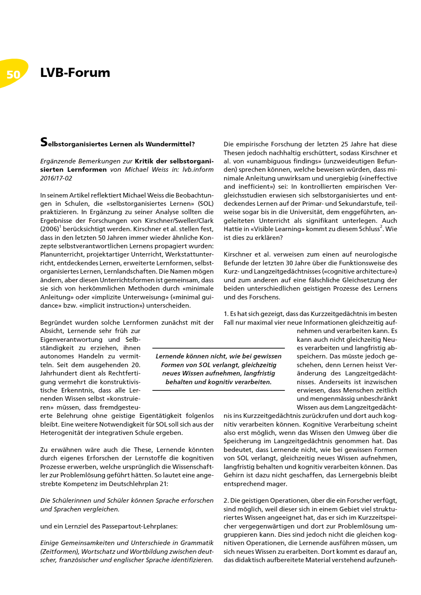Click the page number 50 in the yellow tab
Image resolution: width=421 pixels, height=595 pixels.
click(x=13, y=74)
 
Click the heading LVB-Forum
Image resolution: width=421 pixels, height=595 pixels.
click(x=75, y=73)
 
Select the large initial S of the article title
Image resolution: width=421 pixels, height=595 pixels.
click(x=44, y=143)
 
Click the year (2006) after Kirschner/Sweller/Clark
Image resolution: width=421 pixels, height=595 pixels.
click(x=50, y=229)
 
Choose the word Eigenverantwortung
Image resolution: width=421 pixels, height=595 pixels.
click(x=71, y=339)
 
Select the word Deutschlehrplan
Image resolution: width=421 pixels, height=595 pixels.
click(x=134, y=484)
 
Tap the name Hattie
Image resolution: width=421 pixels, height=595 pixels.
click(x=233, y=229)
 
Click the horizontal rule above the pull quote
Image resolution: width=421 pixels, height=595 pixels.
click(x=218, y=348)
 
